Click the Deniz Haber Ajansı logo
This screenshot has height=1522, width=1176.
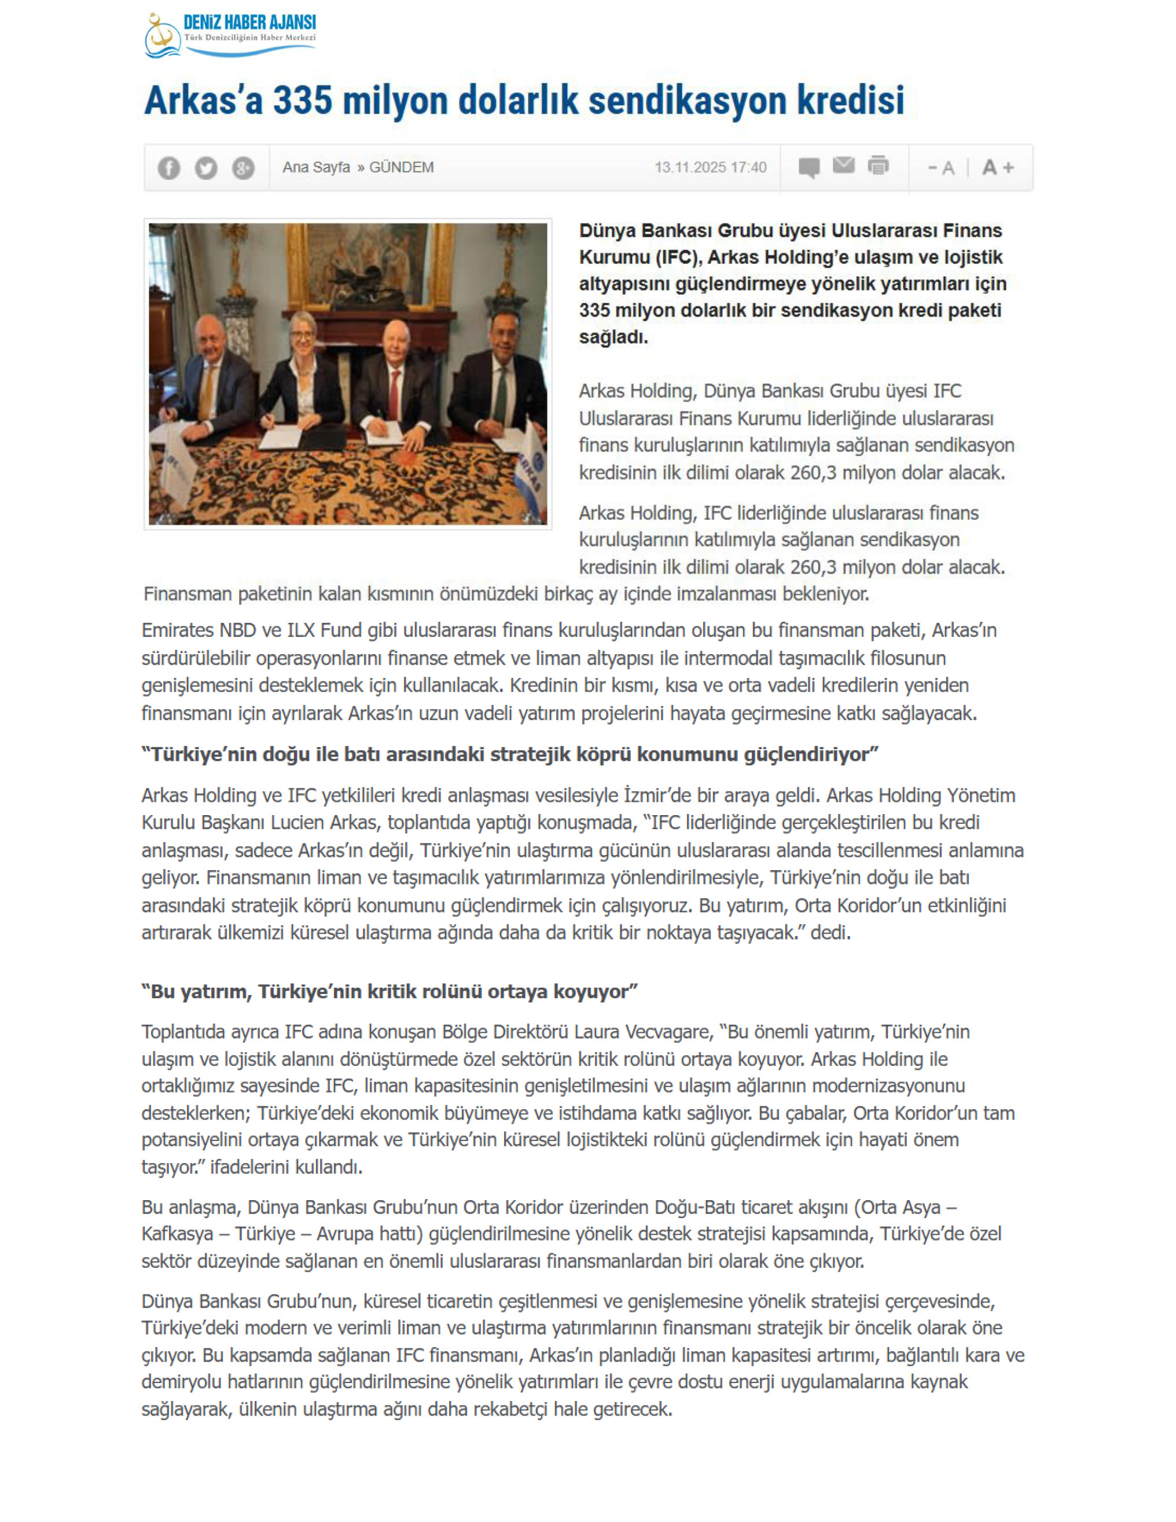pyautogui.click(x=230, y=35)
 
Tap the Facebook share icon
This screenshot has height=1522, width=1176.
pyautogui.click(x=168, y=168)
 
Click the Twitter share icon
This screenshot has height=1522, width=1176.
pyautogui.click(x=205, y=168)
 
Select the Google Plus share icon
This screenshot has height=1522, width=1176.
pyautogui.click(x=242, y=168)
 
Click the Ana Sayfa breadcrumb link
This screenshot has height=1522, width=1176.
pyautogui.click(x=315, y=167)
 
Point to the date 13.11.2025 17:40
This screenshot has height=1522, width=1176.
pyautogui.click(x=710, y=167)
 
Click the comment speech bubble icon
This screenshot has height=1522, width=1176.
pyautogui.click(x=809, y=167)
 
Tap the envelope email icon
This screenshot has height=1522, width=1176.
pyautogui.click(x=844, y=165)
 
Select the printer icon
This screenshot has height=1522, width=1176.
pyautogui.click(x=879, y=166)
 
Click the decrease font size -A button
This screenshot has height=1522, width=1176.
pyautogui.click(x=940, y=168)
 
